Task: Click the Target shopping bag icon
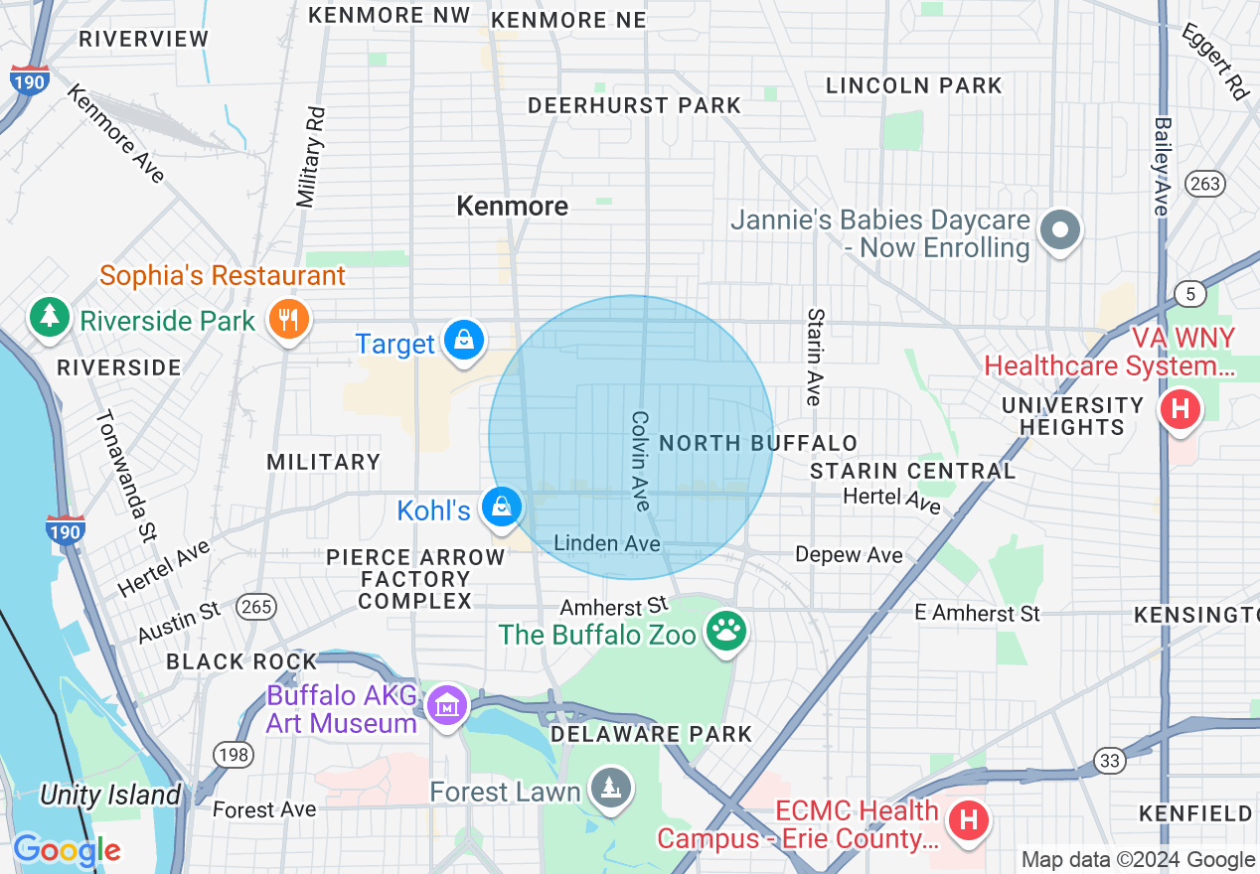click(463, 340)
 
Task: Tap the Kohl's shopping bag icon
click(502, 508)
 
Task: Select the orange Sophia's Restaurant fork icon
click(289, 319)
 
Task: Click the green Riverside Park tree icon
click(48, 316)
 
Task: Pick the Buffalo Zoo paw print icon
click(726, 630)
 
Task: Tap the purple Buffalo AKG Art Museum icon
click(447, 706)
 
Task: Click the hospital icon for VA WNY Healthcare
click(1181, 408)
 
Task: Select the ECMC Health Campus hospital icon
click(969, 820)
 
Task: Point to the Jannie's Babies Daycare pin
click(1060, 230)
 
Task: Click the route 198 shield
click(235, 756)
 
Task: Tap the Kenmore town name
click(513, 206)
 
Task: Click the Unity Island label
click(110, 795)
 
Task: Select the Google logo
click(67, 849)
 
